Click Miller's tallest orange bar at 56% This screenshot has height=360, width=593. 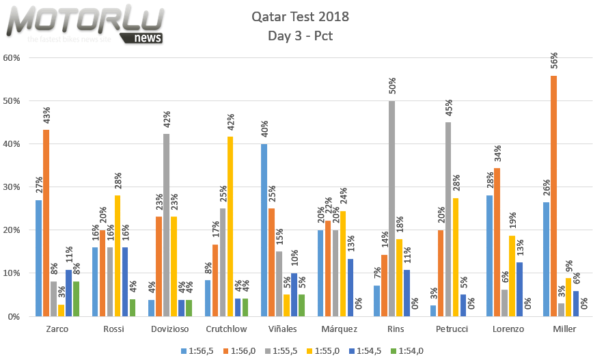(x=553, y=196)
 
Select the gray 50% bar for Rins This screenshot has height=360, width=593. (x=392, y=208)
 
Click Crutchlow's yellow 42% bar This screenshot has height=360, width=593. (x=230, y=226)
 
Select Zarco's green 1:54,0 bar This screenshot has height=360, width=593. (x=77, y=299)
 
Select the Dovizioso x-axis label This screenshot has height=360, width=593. (x=171, y=329)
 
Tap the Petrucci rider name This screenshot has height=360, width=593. (x=452, y=329)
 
